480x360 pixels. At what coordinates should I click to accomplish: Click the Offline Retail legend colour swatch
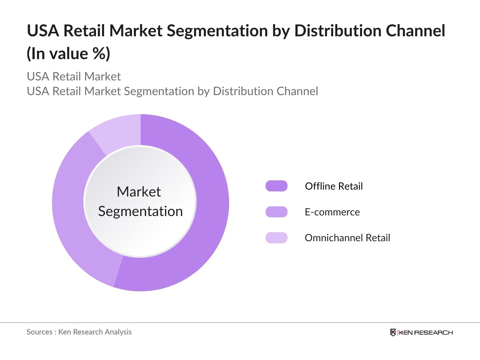(276, 186)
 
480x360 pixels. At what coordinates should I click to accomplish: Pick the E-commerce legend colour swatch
(276, 212)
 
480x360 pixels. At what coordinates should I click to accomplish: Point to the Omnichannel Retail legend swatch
(276, 238)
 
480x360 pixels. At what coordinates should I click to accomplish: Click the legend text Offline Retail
(334, 186)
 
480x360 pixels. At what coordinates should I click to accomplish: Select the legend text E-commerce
(332, 212)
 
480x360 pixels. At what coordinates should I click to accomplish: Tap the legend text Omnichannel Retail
(347, 238)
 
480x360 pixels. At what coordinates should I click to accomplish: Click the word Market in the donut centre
(139, 192)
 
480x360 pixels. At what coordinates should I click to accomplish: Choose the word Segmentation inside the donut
(140, 211)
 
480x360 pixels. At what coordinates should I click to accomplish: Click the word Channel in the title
(415, 31)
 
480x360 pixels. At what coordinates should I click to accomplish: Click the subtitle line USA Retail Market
(74, 76)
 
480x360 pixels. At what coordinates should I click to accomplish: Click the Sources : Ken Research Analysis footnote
(79, 332)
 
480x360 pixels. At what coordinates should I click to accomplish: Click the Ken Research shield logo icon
(393, 332)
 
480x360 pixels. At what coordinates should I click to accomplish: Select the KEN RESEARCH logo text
(425, 332)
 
